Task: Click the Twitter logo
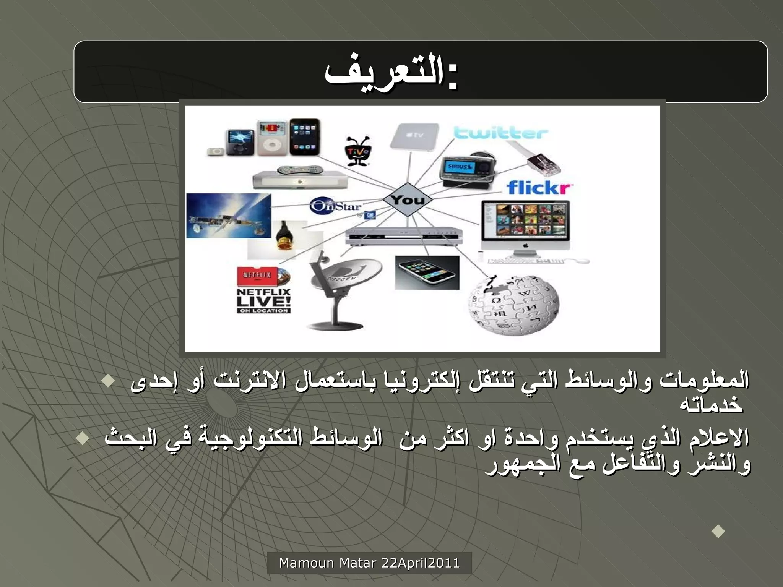(501, 133)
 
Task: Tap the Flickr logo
(539, 188)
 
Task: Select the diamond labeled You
(408, 199)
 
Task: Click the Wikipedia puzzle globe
(513, 305)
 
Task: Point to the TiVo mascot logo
(358, 151)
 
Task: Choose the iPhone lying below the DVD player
(427, 272)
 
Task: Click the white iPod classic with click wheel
(272, 138)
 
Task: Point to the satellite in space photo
(229, 216)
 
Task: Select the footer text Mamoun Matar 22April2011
(369, 563)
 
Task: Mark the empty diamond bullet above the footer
(718, 531)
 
